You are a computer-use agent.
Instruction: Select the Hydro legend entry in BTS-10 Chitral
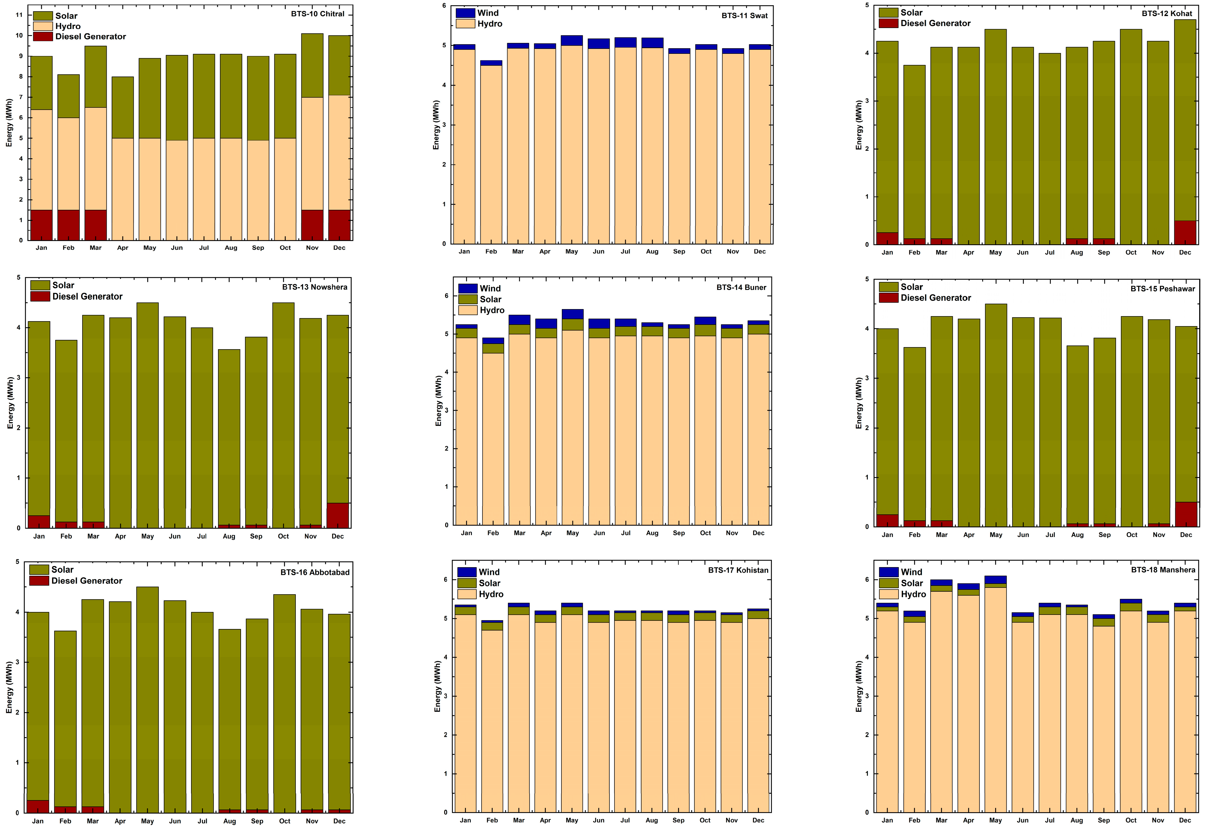67,26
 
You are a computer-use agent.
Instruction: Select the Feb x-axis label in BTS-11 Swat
491,251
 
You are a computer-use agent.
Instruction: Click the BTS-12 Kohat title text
1167,13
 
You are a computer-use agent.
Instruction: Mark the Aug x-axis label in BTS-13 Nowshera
229,536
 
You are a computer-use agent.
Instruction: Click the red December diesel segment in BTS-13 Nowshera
338,515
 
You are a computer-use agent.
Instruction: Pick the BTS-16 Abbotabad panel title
315,572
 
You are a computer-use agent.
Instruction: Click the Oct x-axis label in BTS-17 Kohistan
705,820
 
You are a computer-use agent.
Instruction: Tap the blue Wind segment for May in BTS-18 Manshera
995,580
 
